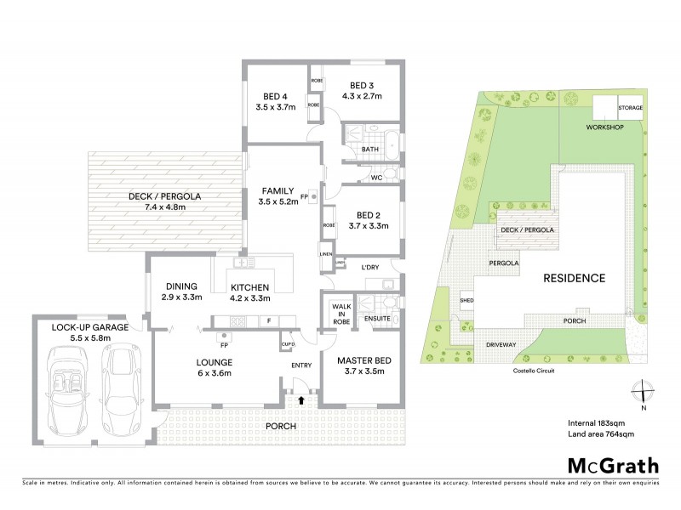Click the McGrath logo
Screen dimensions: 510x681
(x=612, y=465)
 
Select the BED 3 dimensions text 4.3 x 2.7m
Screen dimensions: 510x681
(x=362, y=96)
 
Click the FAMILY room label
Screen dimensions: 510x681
(x=278, y=190)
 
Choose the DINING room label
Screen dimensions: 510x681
(x=182, y=286)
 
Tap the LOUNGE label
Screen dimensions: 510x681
(x=215, y=362)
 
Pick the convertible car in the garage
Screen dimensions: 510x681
(x=69, y=391)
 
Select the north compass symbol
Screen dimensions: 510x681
(x=644, y=392)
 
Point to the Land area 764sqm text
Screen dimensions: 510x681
(x=601, y=434)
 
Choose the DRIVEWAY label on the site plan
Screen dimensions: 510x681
(x=501, y=344)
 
